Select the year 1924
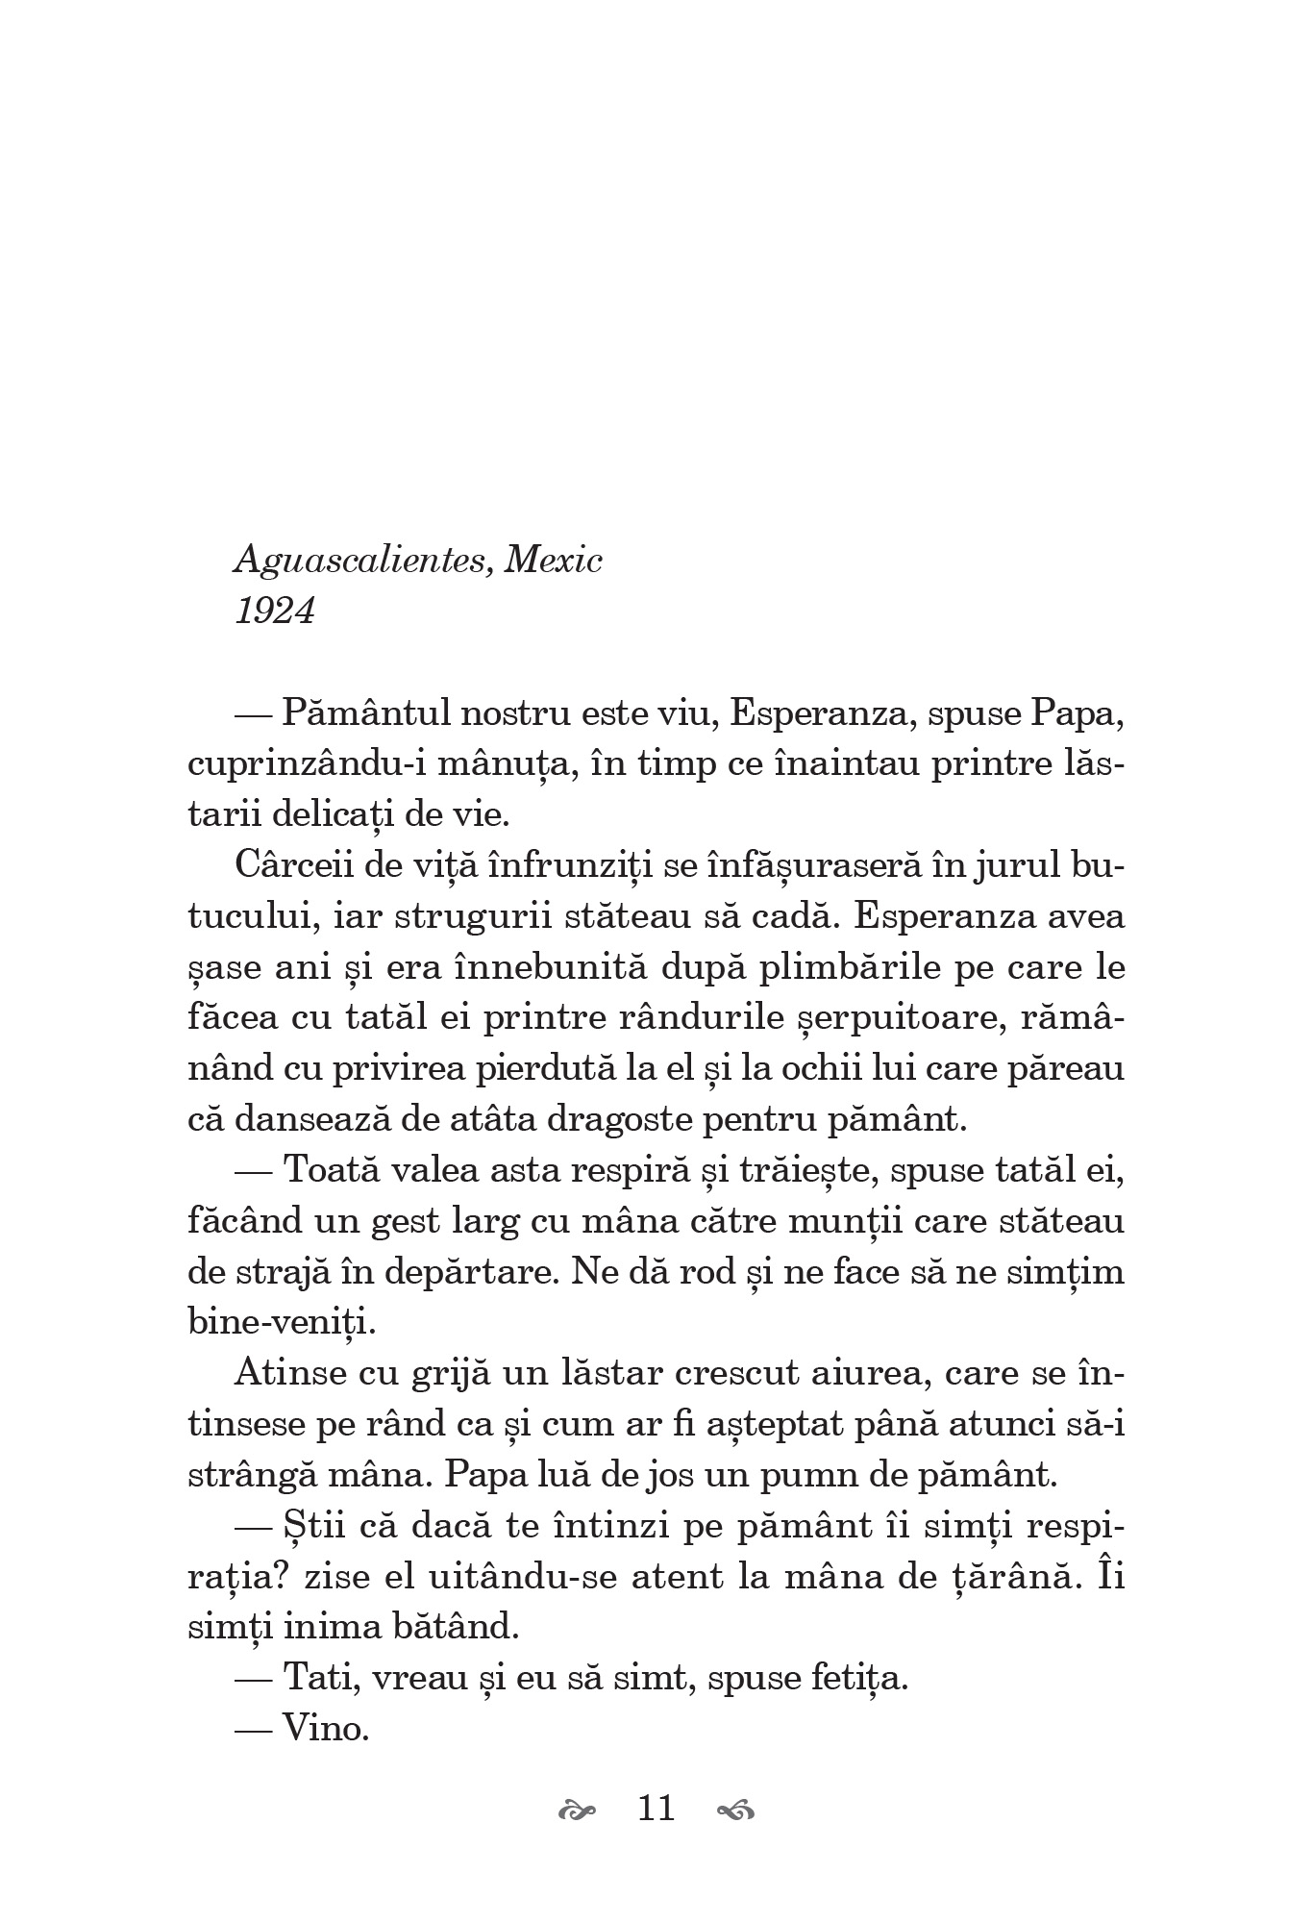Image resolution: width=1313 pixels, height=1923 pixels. [275, 612]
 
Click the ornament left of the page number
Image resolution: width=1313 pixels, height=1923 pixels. [577, 1811]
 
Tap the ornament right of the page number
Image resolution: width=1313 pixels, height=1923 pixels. [736, 1811]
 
